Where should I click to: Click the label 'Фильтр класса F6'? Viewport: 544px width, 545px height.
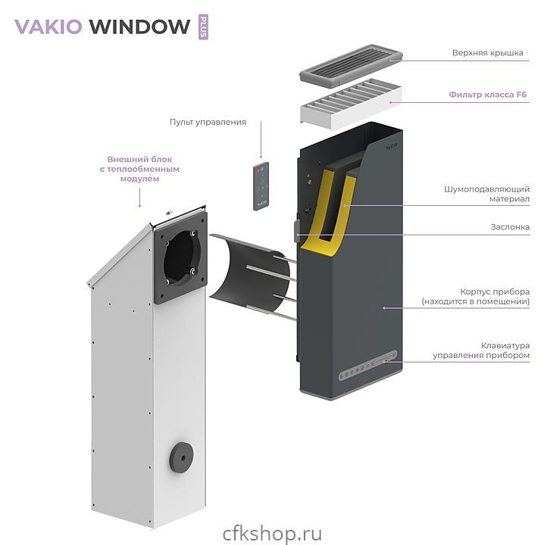[487, 95]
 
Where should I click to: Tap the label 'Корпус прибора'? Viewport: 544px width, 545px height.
[494, 296]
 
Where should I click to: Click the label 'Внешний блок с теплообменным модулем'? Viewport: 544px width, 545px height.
[139, 169]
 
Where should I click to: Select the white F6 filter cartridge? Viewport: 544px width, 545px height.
[347, 104]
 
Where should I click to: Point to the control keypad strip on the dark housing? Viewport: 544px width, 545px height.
[368, 367]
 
